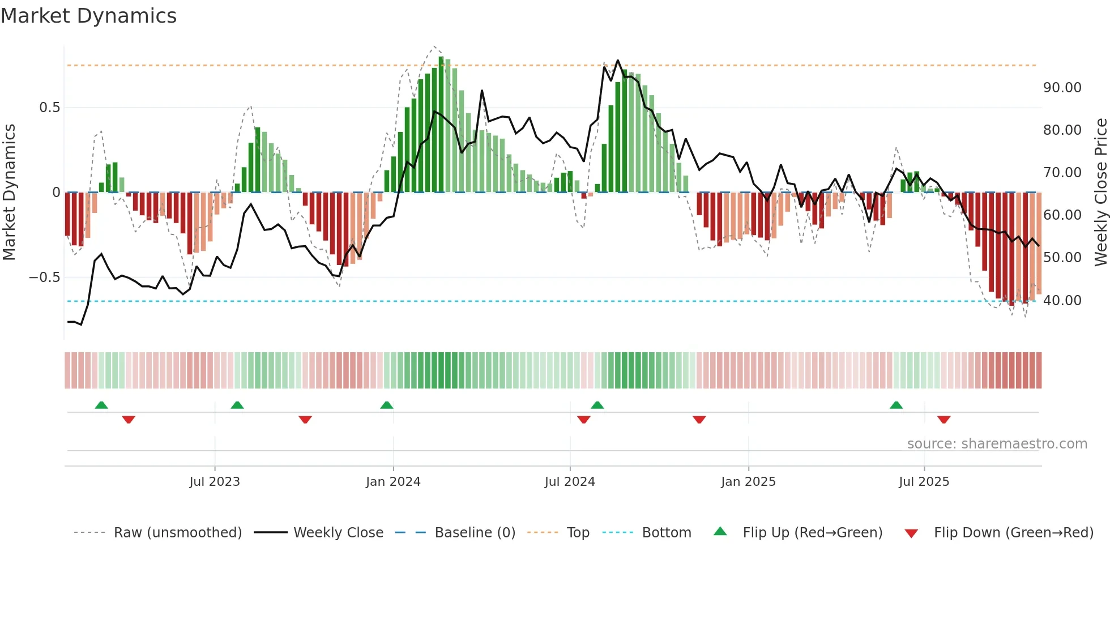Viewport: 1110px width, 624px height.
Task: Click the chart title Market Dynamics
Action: (88, 16)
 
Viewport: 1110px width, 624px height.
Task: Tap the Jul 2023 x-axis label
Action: (215, 482)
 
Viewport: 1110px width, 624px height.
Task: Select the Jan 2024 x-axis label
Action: (393, 482)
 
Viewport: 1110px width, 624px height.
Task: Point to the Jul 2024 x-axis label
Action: (570, 482)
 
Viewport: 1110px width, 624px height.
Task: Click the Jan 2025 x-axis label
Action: (748, 482)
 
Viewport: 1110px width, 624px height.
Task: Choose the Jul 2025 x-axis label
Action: (924, 482)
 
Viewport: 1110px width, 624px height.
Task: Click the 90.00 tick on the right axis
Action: (1062, 88)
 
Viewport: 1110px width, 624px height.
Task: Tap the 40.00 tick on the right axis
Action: (1062, 301)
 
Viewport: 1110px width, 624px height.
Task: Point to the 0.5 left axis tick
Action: (49, 108)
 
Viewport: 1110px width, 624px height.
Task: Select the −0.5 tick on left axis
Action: (44, 277)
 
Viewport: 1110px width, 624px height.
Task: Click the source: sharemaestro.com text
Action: (997, 444)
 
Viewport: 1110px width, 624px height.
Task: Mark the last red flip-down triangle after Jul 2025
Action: (943, 420)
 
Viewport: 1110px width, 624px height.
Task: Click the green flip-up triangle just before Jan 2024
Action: (387, 405)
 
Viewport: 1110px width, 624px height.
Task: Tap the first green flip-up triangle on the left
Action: (101, 405)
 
